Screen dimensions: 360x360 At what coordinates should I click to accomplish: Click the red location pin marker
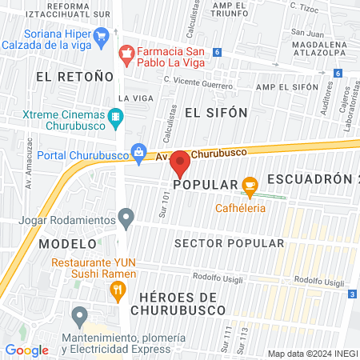click(181, 163)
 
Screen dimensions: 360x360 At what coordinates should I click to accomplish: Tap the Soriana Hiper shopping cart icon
click(101, 36)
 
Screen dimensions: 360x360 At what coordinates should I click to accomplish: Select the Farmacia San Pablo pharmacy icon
click(125, 53)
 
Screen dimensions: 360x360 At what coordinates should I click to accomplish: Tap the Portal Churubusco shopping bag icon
click(139, 151)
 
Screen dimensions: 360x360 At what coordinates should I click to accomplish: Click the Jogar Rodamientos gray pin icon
click(126, 216)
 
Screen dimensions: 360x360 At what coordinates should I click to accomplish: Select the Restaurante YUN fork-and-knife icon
click(117, 289)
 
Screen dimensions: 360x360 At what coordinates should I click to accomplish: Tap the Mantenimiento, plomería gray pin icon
click(78, 316)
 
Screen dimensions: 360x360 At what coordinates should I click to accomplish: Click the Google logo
click(26, 350)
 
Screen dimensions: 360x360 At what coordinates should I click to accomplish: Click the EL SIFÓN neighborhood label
click(216, 112)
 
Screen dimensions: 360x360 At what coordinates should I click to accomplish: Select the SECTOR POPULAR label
click(229, 243)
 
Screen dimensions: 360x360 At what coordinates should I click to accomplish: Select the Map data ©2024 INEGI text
click(312, 354)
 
